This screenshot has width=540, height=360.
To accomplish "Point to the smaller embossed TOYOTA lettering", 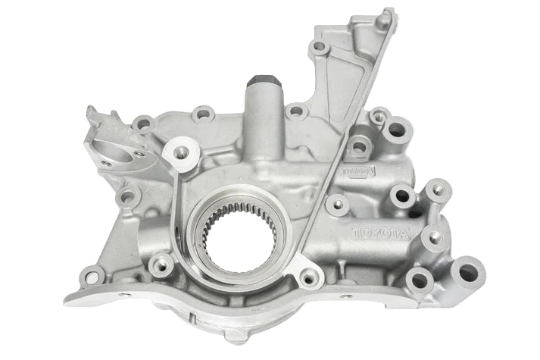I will point(358,172).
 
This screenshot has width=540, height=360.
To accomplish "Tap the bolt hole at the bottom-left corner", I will point(92,277).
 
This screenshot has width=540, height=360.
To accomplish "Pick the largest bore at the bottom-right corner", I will point(467,271).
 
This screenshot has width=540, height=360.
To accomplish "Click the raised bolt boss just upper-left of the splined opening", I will point(181,151).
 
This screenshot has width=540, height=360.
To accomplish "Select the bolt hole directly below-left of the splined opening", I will point(161,265).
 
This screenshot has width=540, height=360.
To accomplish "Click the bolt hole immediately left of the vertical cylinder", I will point(203,115).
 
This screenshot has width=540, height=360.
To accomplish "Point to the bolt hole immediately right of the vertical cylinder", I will point(297,112).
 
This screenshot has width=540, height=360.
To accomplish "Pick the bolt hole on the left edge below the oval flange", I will point(127,198).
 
